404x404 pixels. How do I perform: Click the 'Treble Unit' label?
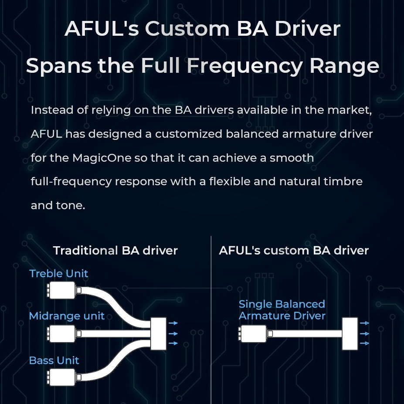(58, 274)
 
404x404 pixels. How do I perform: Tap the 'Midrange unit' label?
(67, 316)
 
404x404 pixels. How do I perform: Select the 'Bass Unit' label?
(54, 360)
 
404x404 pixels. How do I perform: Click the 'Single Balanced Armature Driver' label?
(282, 310)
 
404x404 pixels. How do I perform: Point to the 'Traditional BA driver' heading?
(115, 251)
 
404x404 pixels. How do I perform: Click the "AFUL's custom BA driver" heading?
(294, 251)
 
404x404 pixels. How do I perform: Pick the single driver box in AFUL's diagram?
(254, 333)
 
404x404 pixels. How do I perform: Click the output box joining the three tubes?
(158, 333)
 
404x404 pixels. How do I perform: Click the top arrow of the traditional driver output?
(173, 323)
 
